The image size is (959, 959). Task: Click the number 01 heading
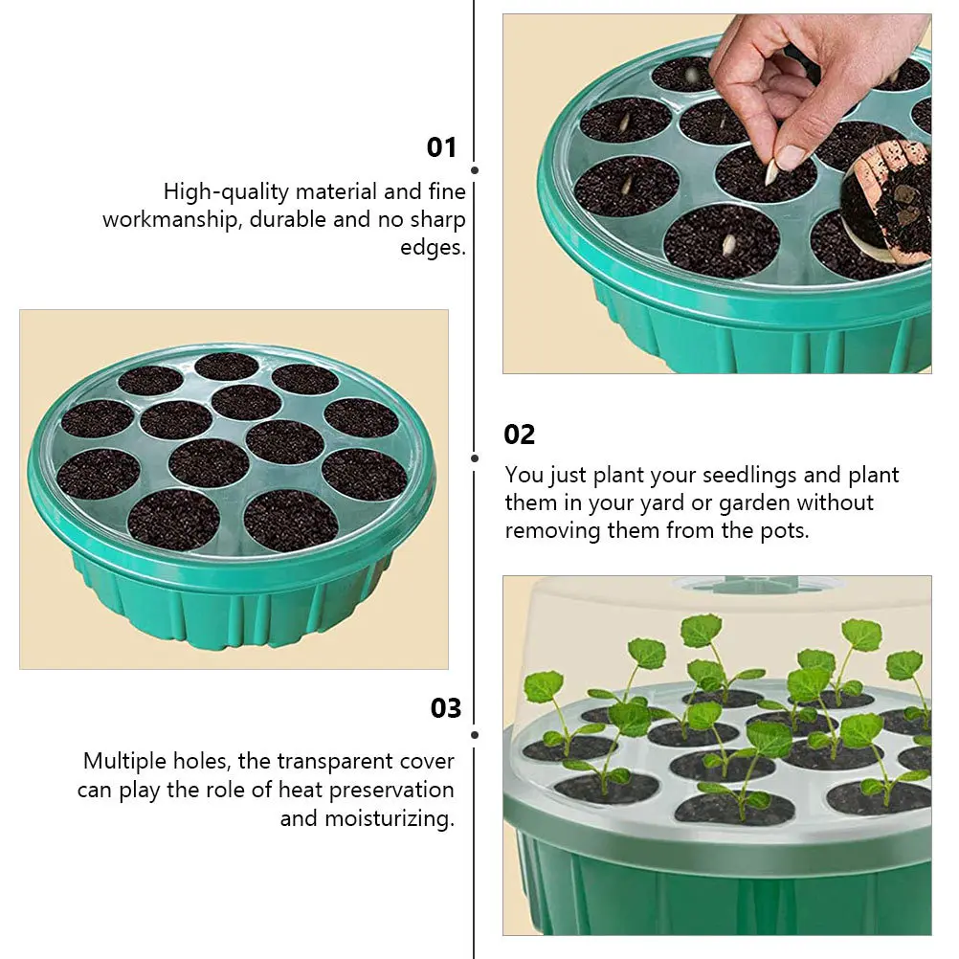[x=441, y=147]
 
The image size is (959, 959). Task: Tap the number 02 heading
[x=520, y=435]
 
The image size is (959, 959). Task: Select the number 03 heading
[x=446, y=708]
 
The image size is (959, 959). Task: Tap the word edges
[x=433, y=248]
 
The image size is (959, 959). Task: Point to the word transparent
[x=331, y=762]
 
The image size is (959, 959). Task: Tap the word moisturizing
[x=389, y=818]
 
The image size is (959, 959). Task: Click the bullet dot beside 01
[x=475, y=170]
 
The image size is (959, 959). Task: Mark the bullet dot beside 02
[x=475, y=457]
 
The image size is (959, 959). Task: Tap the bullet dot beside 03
[x=475, y=735]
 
